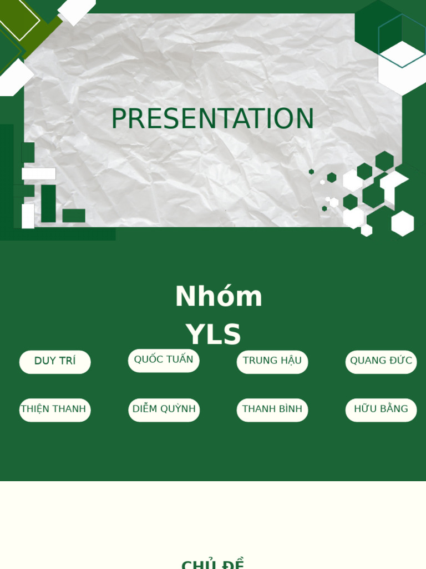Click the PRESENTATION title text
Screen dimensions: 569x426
click(x=212, y=119)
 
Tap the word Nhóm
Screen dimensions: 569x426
click(x=219, y=296)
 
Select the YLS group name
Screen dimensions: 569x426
click(x=214, y=335)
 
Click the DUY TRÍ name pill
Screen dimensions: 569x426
click(x=55, y=361)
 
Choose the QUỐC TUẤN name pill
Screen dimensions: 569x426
click(x=164, y=360)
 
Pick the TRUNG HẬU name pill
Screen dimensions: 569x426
click(x=272, y=361)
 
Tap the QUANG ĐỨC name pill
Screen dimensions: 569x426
click(x=381, y=361)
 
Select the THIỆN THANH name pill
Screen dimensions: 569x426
click(x=55, y=410)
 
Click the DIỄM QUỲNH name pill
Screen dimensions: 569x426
click(x=164, y=410)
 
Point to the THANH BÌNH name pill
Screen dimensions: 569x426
click(x=272, y=410)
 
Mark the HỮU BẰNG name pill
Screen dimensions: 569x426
click(x=381, y=410)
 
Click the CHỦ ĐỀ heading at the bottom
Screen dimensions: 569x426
click(x=212, y=565)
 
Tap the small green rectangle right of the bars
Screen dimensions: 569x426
click(x=74, y=216)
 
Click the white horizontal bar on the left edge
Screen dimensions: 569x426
click(x=39, y=174)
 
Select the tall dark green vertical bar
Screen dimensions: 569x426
click(x=48, y=203)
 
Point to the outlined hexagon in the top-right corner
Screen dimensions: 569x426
click(x=402, y=40)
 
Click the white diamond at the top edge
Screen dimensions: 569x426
click(x=77, y=9)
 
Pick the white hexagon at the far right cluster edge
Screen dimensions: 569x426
click(x=403, y=223)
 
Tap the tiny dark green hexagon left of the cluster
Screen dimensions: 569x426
click(x=312, y=172)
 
